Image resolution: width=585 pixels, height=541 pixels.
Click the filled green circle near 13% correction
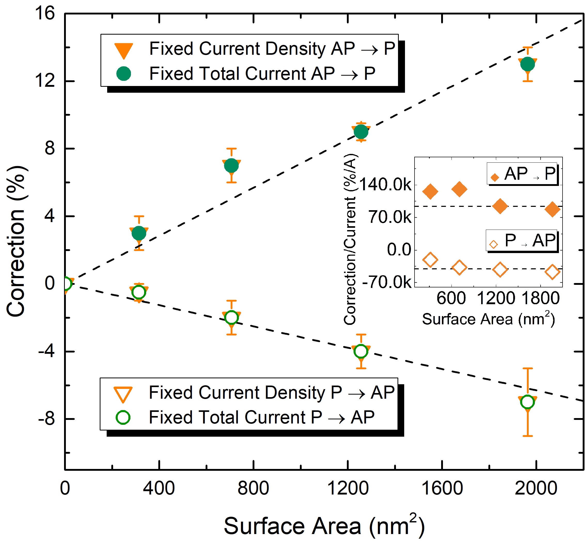(x=527, y=64)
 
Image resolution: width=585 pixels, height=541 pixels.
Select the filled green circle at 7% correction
(x=231, y=166)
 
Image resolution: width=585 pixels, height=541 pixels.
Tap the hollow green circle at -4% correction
(x=361, y=351)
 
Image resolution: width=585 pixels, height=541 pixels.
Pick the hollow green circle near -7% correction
(x=527, y=402)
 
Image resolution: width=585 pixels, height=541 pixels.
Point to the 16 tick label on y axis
(x=45, y=13)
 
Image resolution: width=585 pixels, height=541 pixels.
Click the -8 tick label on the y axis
(x=46, y=419)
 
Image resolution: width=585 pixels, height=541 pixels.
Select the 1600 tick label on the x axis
(x=442, y=489)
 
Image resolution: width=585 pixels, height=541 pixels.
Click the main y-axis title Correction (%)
(x=17, y=241)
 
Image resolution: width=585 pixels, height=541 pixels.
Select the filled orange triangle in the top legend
(x=123, y=50)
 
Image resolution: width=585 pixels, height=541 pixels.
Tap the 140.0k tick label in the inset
(x=385, y=185)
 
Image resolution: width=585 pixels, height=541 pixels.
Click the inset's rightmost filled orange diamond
(x=552, y=209)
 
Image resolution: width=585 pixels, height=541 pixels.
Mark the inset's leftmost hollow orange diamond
(x=430, y=259)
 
